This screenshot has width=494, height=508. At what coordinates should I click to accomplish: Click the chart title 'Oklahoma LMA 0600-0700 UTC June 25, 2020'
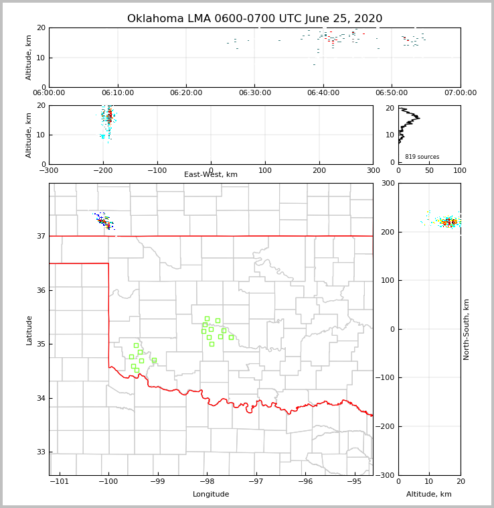tap(254, 19)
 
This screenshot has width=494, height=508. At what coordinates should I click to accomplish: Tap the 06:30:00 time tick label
tap(254, 93)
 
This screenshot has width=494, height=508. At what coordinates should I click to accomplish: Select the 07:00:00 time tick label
tap(460, 93)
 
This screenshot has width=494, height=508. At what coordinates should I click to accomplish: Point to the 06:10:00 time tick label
tap(117, 93)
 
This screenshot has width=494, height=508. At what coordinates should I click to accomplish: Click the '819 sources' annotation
tap(422, 157)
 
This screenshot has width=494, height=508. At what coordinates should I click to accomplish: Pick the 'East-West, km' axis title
tap(211, 175)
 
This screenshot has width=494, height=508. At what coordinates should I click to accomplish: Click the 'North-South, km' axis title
tap(467, 329)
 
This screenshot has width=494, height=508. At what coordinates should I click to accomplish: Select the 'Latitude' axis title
tap(29, 330)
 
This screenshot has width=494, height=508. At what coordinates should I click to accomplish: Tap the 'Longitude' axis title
tap(211, 495)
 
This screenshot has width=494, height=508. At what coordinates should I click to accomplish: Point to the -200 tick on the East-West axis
tap(103, 170)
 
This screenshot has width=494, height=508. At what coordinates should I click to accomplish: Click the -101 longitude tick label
tap(60, 481)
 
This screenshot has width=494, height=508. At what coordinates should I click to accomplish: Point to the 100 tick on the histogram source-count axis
tap(460, 170)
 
